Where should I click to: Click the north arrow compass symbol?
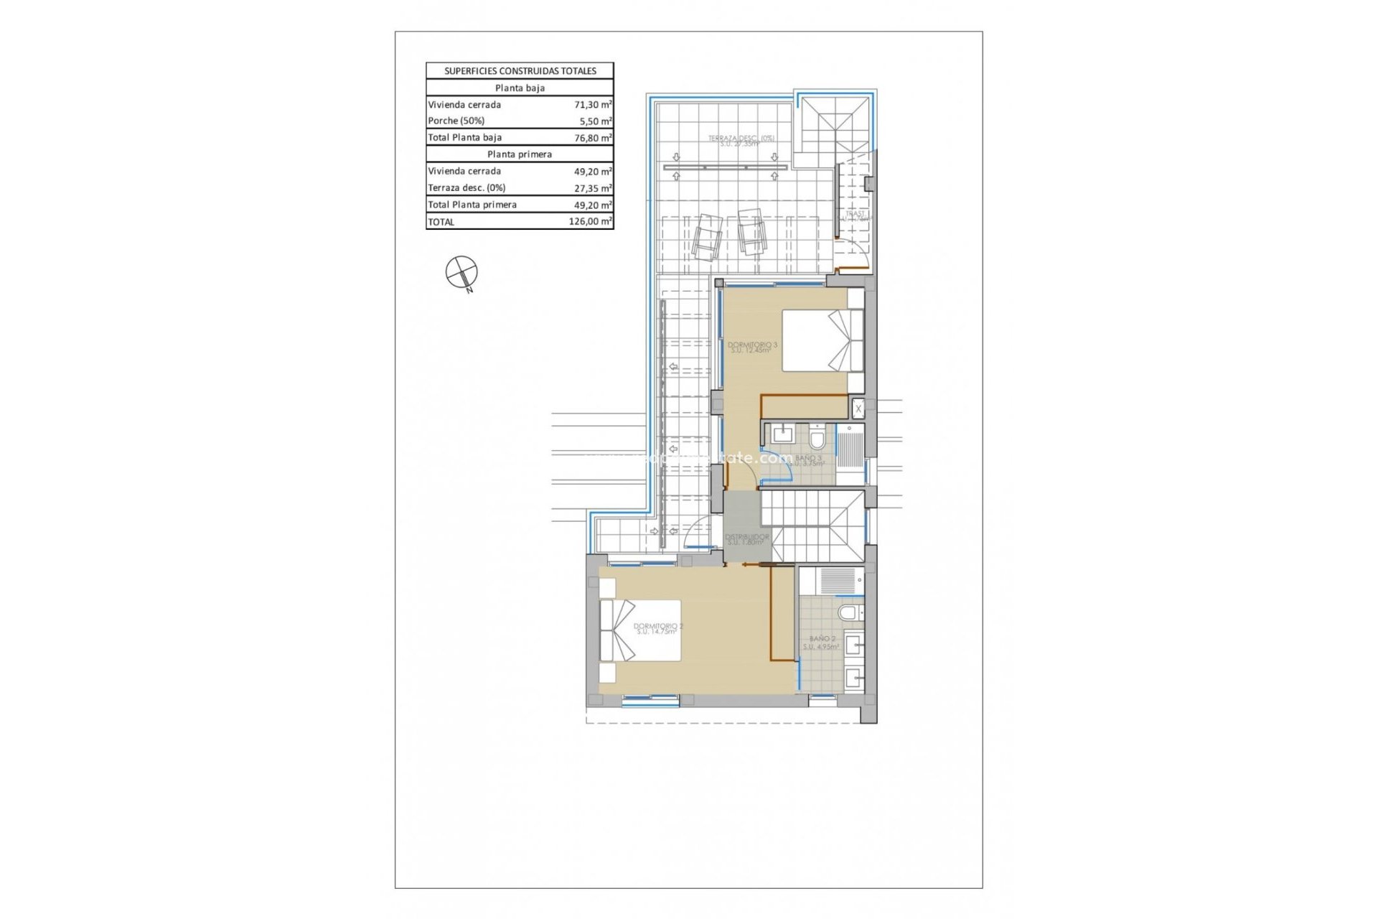pyautogui.click(x=461, y=272)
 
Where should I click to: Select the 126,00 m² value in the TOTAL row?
pyautogui.click(x=590, y=222)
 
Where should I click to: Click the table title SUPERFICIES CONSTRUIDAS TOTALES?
pyautogui.click(x=520, y=71)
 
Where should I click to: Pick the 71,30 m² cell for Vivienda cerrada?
pyautogui.click(x=593, y=105)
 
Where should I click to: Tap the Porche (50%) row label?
pyautogui.click(x=456, y=121)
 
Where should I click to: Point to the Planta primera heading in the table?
pyautogui.click(x=520, y=154)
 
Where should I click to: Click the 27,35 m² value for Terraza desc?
pyautogui.click(x=593, y=188)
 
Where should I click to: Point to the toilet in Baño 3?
pyautogui.click(x=817, y=437)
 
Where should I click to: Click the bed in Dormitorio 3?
pyautogui.click(x=822, y=340)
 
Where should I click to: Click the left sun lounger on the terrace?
pyautogui.click(x=706, y=237)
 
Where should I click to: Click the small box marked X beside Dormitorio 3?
pyautogui.click(x=858, y=409)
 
